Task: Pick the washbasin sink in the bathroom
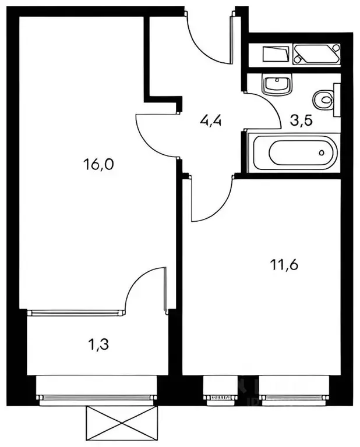click(277, 84)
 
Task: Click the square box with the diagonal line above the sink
click(275, 55)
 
